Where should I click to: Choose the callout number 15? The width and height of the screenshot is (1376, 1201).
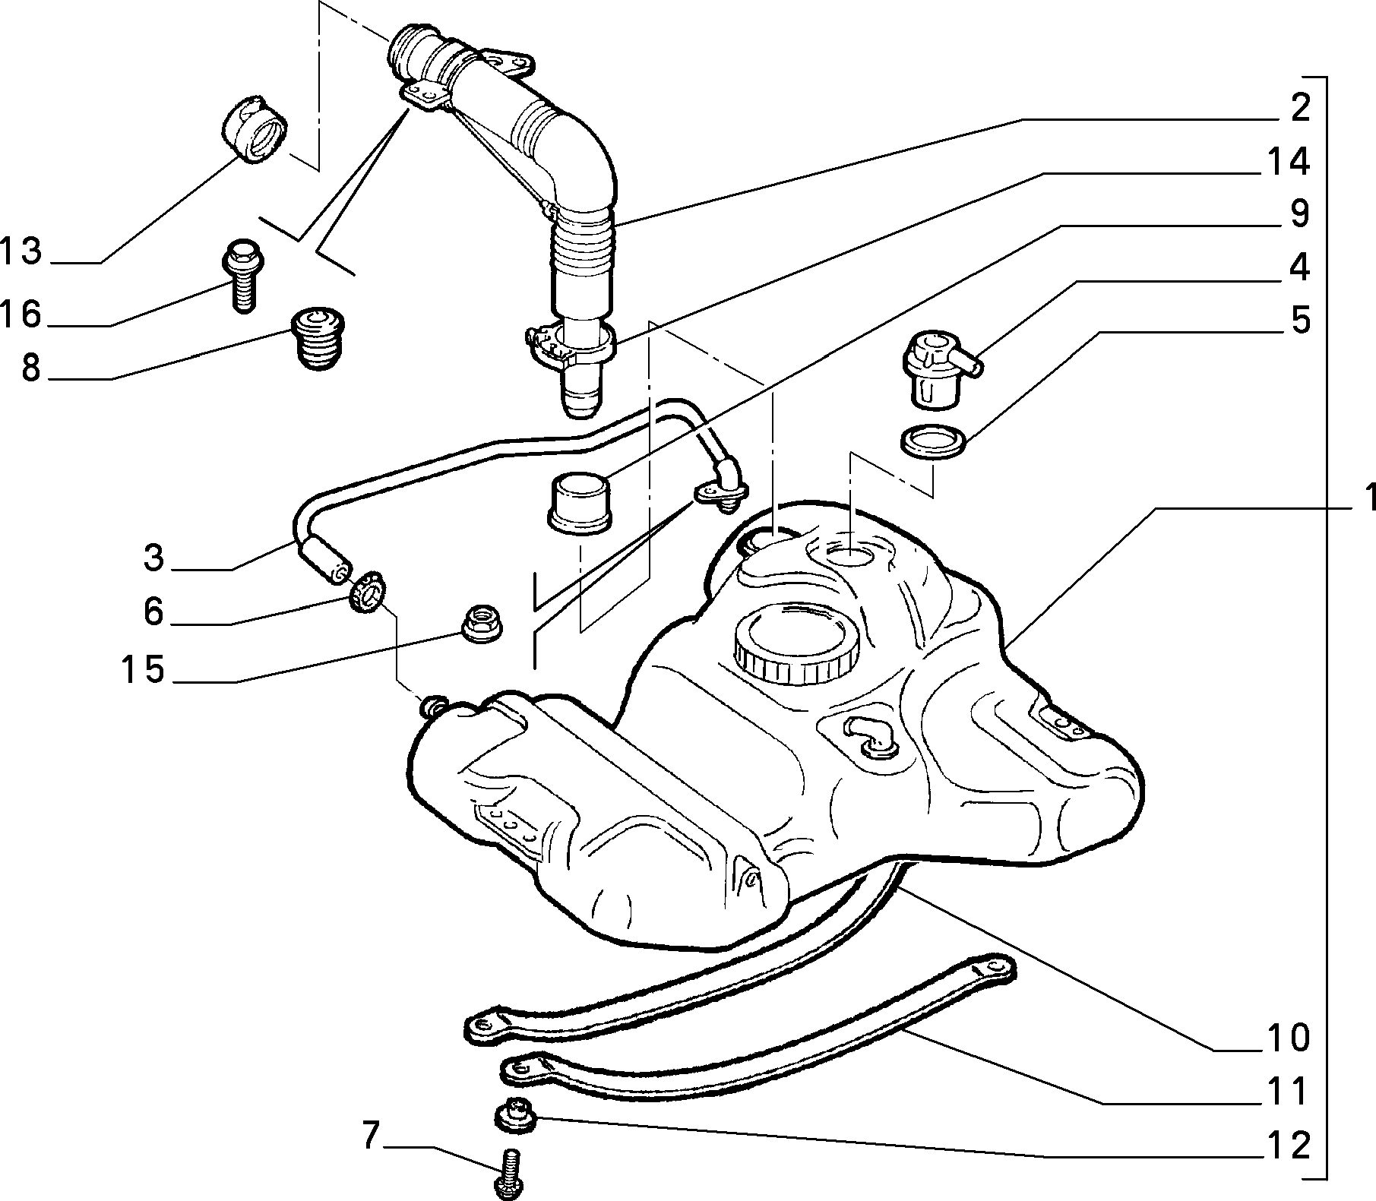[x=143, y=669]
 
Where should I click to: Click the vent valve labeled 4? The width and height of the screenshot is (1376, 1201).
[x=939, y=368]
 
